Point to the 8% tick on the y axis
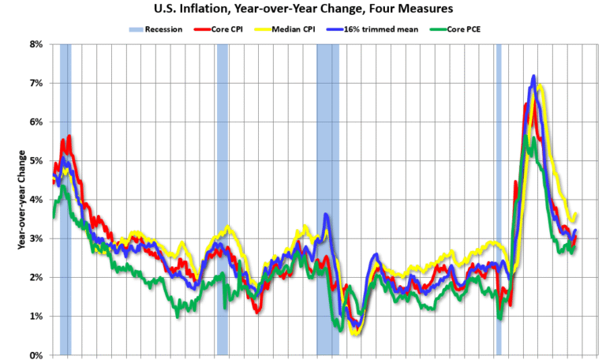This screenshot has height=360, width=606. [x=36, y=44]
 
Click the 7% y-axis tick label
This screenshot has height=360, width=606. [x=36, y=83]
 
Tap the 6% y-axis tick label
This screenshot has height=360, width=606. [x=36, y=122]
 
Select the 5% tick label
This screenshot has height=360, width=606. [x=36, y=161]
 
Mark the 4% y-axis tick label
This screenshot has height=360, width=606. [x=36, y=200]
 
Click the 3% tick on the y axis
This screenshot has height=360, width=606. [x=36, y=238]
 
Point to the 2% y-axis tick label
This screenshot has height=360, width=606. [x=36, y=277]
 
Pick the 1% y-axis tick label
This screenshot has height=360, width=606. [x=36, y=317]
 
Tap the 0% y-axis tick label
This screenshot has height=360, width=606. [x=36, y=355]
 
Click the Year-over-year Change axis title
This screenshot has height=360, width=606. [x=21, y=200]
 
